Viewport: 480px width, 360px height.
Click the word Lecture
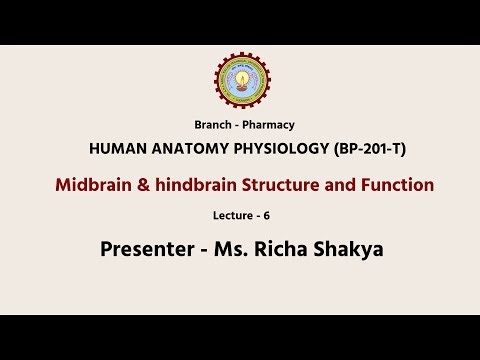[231, 215]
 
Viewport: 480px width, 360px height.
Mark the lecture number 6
[267, 215]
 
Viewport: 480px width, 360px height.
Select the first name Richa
[282, 249]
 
